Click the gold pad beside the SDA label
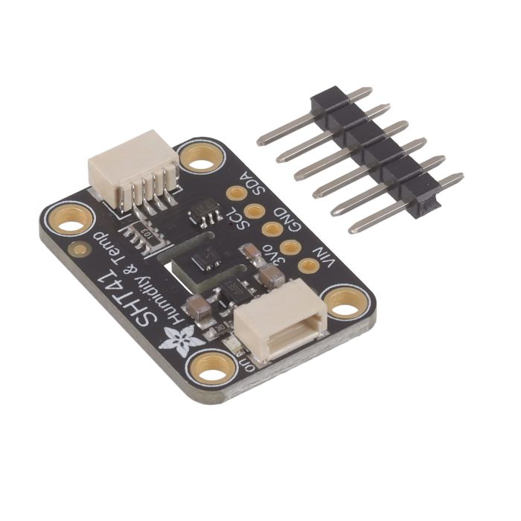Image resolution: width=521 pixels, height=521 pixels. [237, 194]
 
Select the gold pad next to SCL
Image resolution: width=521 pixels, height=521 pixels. [255, 211]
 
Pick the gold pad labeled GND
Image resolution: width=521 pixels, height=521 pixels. [272, 229]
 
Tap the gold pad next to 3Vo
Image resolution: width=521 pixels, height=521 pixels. [290, 247]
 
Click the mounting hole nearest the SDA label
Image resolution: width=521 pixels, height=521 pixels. [199, 157]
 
